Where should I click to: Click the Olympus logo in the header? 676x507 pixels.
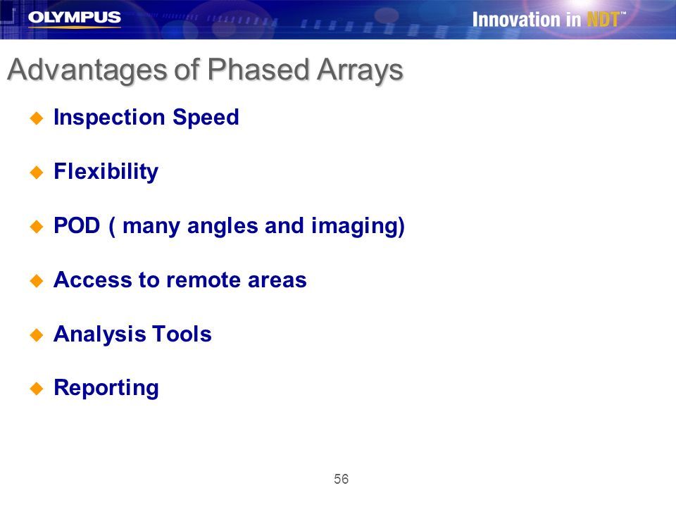click(74, 18)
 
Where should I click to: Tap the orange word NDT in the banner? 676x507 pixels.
click(603, 20)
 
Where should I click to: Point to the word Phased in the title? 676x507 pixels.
click(258, 69)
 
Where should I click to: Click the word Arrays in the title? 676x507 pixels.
click(360, 70)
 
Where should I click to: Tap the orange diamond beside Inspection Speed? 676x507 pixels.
click(37, 118)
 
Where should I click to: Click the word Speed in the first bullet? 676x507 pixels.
click(206, 118)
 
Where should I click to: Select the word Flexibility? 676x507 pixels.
click(106, 172)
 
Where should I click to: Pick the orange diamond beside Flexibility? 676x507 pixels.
click(37, 173)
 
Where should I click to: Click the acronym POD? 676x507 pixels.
click(77, 225)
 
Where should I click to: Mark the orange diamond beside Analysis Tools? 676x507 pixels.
click(37, 335)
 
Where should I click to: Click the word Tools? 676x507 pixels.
click(182, 334)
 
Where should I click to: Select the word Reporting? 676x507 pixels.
click(106, 388)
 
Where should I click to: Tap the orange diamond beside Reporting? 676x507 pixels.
click(37, 389)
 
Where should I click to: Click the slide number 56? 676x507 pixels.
click(341, 479)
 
